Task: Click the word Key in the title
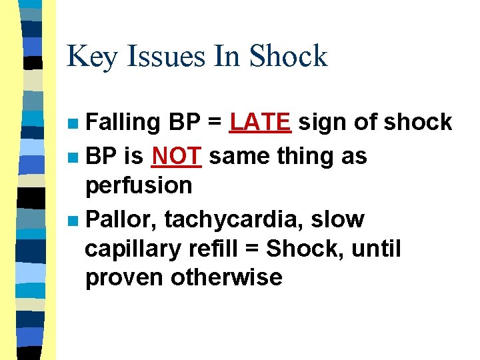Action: [90, 57]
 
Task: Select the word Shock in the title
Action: [288, 57]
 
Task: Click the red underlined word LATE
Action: [259, 122]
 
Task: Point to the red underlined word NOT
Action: [176, 156]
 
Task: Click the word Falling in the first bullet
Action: [124, 123]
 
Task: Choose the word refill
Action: [212, 248]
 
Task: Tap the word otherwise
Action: [227, 277]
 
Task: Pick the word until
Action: [377, 248]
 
